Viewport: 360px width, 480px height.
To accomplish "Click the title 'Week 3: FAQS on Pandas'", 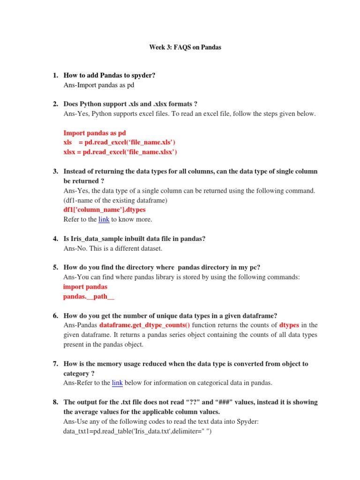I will (x=185, y=47).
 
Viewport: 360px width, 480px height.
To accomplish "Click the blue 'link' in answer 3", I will (x=104, y=219).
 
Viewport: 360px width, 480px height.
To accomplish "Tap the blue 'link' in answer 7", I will (x=117, y=383).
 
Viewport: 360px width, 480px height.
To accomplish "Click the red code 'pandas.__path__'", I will (x=89, y=297).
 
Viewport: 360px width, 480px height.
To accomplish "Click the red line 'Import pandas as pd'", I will (x=94, y=133).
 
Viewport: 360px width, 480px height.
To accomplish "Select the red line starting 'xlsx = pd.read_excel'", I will (x=120, y=152).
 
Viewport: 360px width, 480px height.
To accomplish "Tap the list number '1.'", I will (x=55, y=75).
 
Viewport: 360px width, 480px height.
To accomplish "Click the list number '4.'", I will (x=55, y=239).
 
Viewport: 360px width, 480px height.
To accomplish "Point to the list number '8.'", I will (x=55, y=402).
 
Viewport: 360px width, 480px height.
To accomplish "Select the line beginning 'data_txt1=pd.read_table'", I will (x=138, y=431).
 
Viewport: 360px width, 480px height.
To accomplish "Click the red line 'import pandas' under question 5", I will (x=85, y=287).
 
